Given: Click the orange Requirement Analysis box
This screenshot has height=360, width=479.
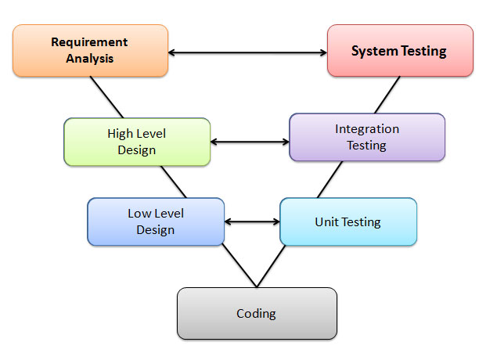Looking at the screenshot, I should pyautogui.click(x=90, y=50).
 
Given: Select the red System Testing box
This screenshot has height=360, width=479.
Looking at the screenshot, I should pyautogui.click(x=398, y=51).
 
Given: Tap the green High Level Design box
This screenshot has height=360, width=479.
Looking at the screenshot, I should pyautogui.click(x=137, y=142).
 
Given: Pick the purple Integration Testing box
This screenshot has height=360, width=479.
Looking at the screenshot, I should pyautogui.click(x=366, y=137).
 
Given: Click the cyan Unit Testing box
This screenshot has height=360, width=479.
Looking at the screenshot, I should pyautogui.click(x=348, y=221).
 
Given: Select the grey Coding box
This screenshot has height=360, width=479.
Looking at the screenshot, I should pyautogui.click(x=257, y=314).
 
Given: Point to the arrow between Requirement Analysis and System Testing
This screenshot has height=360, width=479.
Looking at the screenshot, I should pyautogui.click(x=247, y=53).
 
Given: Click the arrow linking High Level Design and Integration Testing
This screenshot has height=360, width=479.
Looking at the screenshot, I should pyautogui.click(x=250, y=142).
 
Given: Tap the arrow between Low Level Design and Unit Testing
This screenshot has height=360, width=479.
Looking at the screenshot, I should pyautogui.click(x=252, y=221).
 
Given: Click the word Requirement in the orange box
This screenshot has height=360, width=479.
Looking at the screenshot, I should pyautogui.click(x=89, y=42).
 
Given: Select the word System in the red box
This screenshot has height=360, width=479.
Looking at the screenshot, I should pyautogui.click(x=372, y=52).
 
